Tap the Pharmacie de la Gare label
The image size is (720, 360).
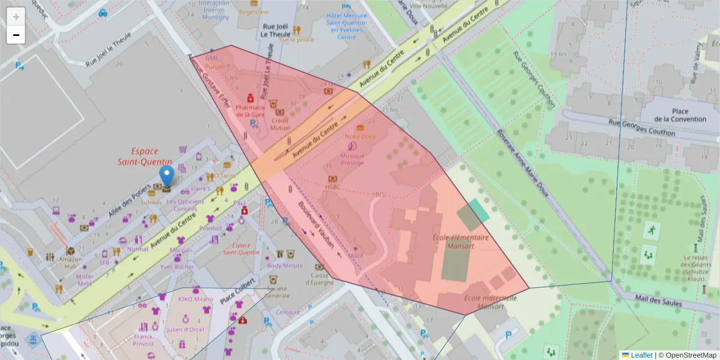251,110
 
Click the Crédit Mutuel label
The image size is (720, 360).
280,124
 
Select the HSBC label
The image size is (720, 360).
332,187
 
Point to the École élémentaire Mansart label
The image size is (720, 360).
461,241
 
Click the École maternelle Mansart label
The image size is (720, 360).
490,302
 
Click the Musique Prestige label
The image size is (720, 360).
352,158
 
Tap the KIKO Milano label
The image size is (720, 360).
195,299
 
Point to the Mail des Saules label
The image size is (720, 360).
659,300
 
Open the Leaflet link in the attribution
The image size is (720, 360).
641,355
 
